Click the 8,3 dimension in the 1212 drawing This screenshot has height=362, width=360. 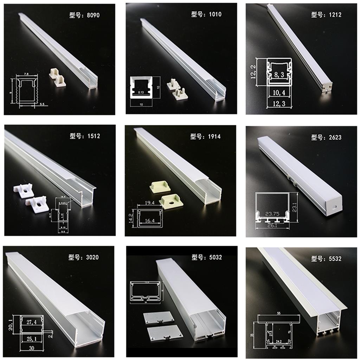tap(280, 75)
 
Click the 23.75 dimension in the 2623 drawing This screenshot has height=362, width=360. tap(273, 213)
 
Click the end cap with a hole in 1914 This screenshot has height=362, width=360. tap(171, 202)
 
